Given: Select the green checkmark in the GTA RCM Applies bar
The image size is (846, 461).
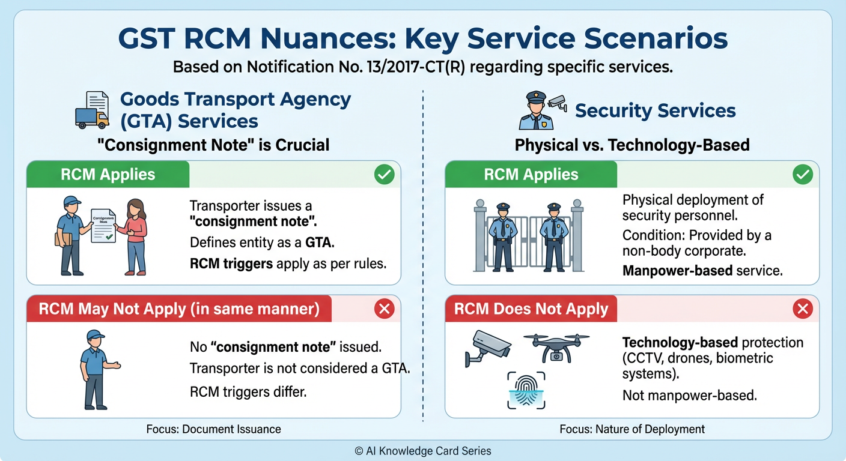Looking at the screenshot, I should (x=384, y=175).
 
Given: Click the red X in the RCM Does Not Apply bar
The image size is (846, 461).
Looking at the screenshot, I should (x=802, y=309).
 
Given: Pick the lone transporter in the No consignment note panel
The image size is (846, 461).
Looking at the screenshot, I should (x=96, y=369).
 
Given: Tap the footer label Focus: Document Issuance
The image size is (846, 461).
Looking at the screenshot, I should (x=213, y=429).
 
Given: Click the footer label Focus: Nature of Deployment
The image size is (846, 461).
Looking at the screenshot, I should (x=631, y=429).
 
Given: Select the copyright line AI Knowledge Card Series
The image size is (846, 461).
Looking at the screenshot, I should (x=422, y=451).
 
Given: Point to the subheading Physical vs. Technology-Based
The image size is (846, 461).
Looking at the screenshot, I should (x=631, y=145).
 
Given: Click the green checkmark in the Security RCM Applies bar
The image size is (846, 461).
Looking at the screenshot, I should (x=802, y=175).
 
